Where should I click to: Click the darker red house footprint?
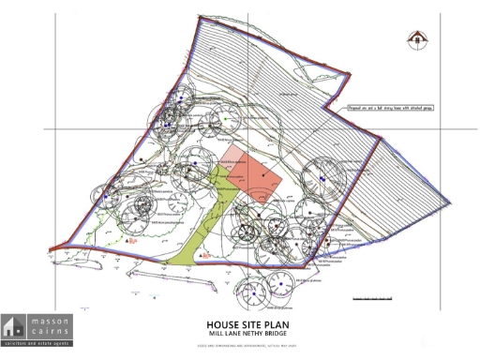(262, 175)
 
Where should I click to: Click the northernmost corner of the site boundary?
(201, 18)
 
